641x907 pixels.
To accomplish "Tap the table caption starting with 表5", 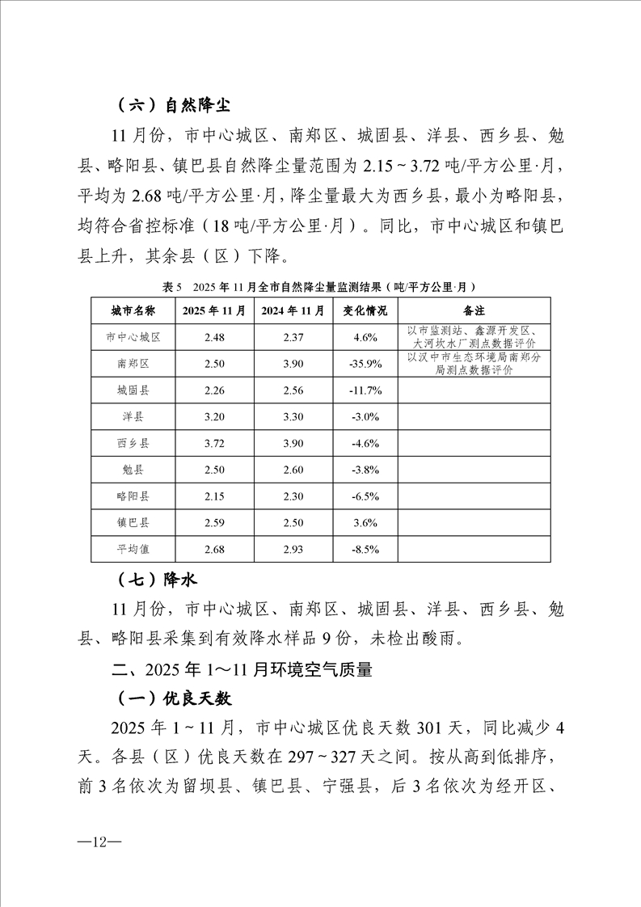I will click(x=318, y=287).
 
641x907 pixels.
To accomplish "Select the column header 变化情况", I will click(x=365, y=310).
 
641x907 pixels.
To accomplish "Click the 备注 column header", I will click(x=474, y=310).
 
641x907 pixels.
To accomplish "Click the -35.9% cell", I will click(x=365, y=364).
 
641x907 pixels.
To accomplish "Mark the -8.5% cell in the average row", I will click(x=365, y=550).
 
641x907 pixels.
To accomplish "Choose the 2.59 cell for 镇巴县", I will click(x=213, y=523).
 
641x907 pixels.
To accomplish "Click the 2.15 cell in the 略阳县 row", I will click(x=213, y=496).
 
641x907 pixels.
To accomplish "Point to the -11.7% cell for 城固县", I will click(x=365, y=390).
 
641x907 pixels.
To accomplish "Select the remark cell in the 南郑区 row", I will click(x=474, y=364).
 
